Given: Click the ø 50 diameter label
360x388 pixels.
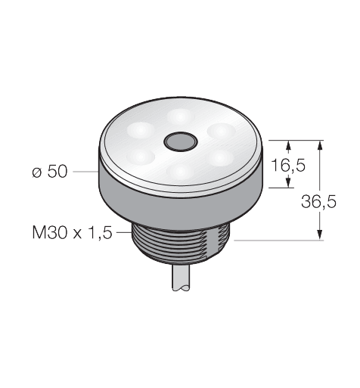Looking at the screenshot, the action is coord(50,172).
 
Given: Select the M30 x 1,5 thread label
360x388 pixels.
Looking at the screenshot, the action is coord(72,232).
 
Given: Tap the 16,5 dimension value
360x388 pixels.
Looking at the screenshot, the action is coord(288,166).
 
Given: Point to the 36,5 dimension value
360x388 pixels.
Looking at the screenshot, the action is coord(318,202).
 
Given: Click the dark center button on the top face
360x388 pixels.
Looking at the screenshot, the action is coord(180,142).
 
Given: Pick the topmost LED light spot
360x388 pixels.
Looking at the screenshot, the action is coord(180,116).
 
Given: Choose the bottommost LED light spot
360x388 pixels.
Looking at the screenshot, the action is coord(181,172).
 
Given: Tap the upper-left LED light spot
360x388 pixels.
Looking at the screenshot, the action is coord(141,130).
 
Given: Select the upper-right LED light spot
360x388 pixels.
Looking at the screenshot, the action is coord(221,131).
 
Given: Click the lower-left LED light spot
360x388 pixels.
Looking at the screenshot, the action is coord(141,157).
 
